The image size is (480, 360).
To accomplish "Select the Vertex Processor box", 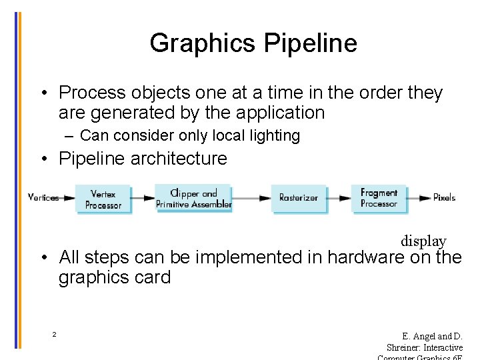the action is pyautogui.click(x=103, y=199).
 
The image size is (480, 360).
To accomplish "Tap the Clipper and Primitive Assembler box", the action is pyautogui.click(x=193, y=199).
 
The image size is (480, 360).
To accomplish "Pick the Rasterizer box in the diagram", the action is pyautogui.click(x=298, y=198).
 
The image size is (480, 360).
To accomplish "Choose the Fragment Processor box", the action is pyautogui.click(x=379, y=198).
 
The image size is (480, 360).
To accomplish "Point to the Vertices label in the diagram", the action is pyautogui.click(x=43, y=198).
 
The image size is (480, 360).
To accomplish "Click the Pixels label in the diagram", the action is pyautogui.click(x=444, y=198).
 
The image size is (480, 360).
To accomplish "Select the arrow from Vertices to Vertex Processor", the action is pyautogui.click(x=67, y=198).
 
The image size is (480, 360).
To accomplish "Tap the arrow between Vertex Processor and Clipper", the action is pyautogui.click(x=142, y=198).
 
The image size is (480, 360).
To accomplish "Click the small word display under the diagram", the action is pyautogui.click(x=423, y=241).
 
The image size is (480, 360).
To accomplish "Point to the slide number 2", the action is pyautogui.click(x=54, y=334).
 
